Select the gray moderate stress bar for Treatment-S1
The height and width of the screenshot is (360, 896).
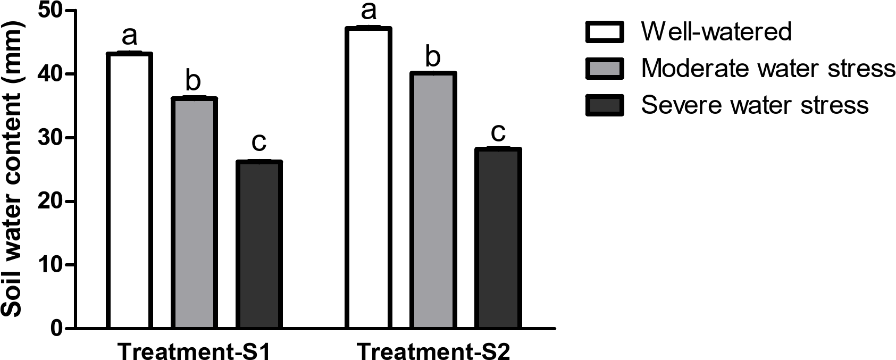pyautogui.click(x=194, y=213)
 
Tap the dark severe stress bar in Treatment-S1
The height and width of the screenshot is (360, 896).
pyautogui.click(x=258, y=244)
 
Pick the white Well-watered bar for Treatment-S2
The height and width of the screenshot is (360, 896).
pyautogui.click(x=369, y=178)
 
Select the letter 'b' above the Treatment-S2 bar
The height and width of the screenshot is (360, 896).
pyautogui.click(x=433, y=56)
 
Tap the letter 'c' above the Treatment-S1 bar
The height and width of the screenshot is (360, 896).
pyautogui.click(x=258, y=143)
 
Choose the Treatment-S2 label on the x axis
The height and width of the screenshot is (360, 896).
pyautogui.click(x=433, y=351)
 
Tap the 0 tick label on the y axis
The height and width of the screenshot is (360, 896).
pyautogui.click(x=56, y=329)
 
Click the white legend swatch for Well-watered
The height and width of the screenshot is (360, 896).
pyautogui.click(x=605, y=32)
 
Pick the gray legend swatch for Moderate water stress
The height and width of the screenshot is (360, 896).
pyautogui.click(x=605, y=68)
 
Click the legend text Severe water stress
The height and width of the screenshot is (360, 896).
pyautogui.click(x=755, y=105)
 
